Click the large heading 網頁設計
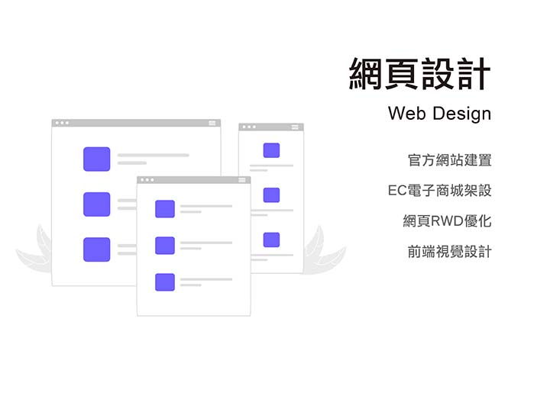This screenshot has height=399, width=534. click(419, 74)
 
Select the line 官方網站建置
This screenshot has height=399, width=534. click(449, 160)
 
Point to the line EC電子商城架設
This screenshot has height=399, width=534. click(440, 191)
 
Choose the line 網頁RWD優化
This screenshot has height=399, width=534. click(447, 221)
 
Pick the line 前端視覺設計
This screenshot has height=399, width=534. click(449, 252)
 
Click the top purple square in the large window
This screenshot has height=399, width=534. click(97, 159)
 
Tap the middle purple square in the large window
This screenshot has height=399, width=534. click(97, 204)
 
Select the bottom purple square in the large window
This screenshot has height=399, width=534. click(97, 249)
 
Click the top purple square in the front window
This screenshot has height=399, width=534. click(165, 209)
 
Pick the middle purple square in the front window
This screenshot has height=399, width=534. click(165, 246)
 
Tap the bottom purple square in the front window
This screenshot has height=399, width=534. click(165, 282)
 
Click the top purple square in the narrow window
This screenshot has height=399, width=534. click(271, 150)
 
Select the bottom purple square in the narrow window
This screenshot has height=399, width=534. click(271, 240)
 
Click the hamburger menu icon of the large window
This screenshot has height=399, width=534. click(212, 123)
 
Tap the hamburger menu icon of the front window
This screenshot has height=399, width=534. click(242, 180)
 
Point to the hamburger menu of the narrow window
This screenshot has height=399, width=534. click(295, 127)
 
